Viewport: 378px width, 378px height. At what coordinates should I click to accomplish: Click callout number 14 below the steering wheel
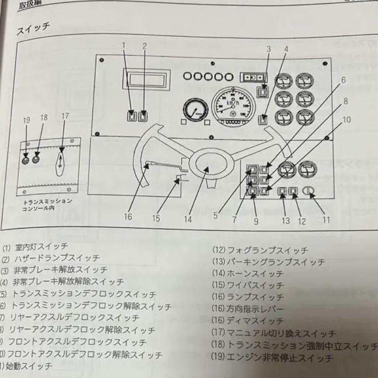pyautogui.click(x=188, y=219)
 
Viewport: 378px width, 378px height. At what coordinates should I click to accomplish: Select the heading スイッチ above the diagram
pyautogui.click(x=33, y=29)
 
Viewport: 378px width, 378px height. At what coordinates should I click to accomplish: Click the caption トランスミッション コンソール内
pyautogui.click(x=47, y=205)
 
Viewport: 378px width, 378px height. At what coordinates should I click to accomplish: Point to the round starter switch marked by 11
pyautogui.click(x=309, y=191)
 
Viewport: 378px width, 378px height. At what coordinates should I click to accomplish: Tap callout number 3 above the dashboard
pyautogui.click(x=268, y=49)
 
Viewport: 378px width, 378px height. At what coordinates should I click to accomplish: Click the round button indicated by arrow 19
pyautogui.click(x=26, y=160)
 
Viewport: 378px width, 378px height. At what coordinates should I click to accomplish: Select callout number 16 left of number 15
pyautogui.click(x=128, y=217)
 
